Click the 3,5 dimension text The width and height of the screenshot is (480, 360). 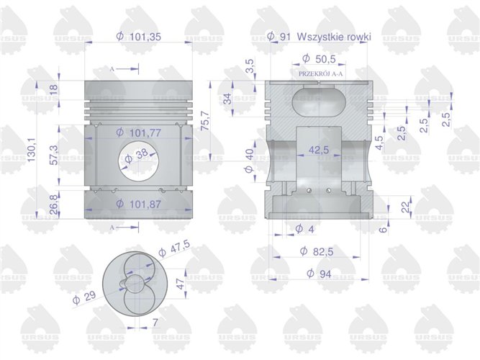click(250, 68)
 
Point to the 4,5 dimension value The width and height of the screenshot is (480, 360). click(379, 140)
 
